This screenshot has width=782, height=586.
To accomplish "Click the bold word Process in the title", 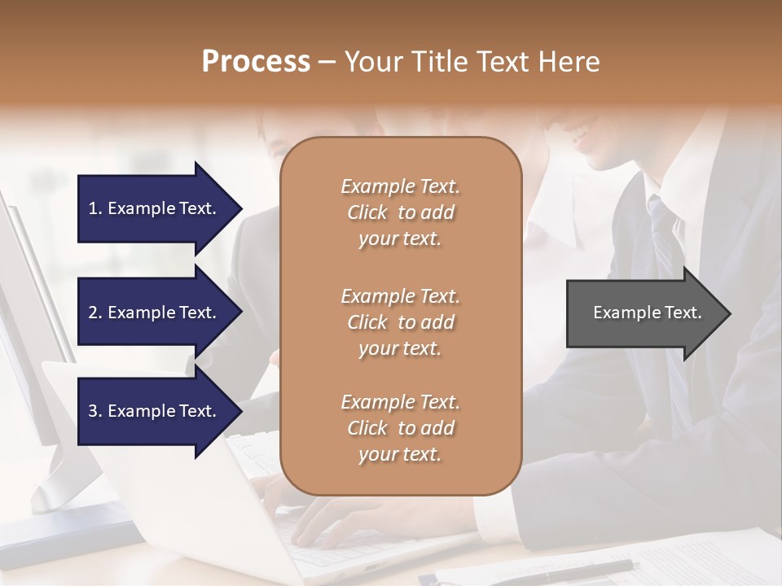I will click(256, 61).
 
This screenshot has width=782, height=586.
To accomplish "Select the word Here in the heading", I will click(569, 61).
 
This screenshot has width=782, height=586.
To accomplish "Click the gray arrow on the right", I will click(644, 313).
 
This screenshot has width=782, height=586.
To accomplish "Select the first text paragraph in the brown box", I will click(400, 212).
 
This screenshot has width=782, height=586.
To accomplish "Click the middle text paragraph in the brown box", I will click(400, 321).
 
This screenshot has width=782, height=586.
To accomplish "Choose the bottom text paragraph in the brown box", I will click(400, 428).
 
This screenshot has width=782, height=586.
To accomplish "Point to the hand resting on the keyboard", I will click(342, 521).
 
